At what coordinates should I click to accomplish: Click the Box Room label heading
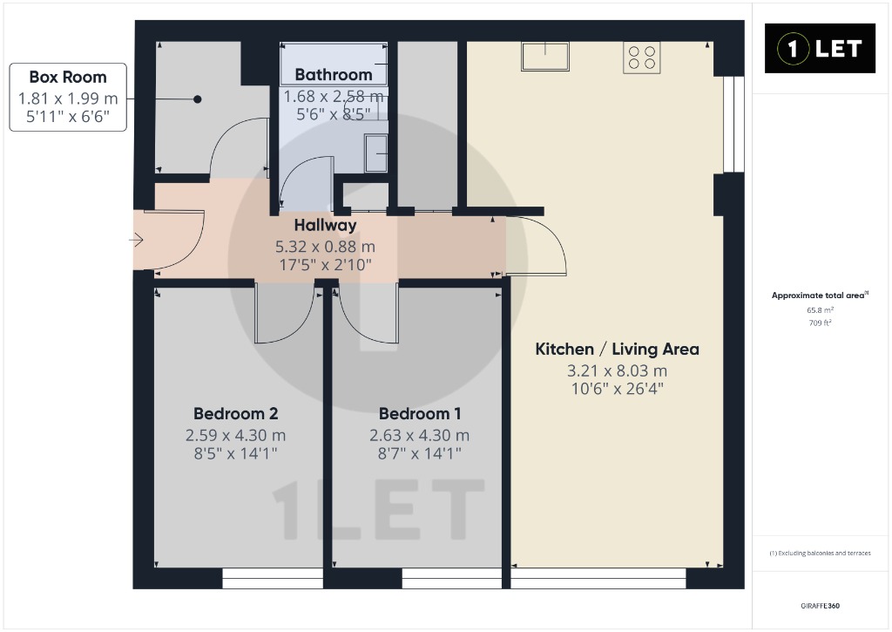(68, 77)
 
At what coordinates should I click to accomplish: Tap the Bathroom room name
(334, 75)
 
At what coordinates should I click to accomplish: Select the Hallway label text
(326, 226)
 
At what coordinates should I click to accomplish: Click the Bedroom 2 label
(235, 413)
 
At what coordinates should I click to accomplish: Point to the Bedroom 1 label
(420, 413)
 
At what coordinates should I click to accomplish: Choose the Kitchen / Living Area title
(618, 349)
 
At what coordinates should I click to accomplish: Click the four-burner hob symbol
(642, 58)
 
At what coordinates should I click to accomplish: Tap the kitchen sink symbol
(545, 57)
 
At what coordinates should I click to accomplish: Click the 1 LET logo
(820, 49)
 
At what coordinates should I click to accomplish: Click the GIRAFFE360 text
(821, 606)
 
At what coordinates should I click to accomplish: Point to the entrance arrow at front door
(136, 241)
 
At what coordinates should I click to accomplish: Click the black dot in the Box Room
(198, 99)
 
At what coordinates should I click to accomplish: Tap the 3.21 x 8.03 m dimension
(618, 370)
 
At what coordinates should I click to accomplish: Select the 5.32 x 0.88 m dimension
(326, 247)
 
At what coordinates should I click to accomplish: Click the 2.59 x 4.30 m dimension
(235, 436)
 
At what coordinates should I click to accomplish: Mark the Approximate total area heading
(820, 295)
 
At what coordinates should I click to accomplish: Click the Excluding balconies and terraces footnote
(821, 553)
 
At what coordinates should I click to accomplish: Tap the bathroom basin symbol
(376, 153)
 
